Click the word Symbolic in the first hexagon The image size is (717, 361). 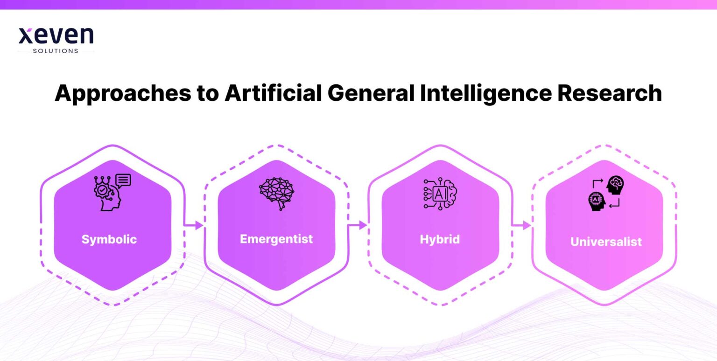coord(109,239)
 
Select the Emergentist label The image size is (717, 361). coord(276,239)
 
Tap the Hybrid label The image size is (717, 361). coord(440,239)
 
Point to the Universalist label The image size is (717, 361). coord(606,242)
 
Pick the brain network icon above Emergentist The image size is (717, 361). coord(277,193)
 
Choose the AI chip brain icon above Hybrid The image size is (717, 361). coord(440,193)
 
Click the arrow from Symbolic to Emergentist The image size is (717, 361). coord(194,226)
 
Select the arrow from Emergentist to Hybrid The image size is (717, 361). coord(358,225)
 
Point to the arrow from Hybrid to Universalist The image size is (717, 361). coord(521,226)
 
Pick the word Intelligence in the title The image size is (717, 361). coord(485,93)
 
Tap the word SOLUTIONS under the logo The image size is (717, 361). coord(56,51)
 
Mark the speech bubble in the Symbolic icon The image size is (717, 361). coord(123,180)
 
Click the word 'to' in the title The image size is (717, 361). coord(206,93)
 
